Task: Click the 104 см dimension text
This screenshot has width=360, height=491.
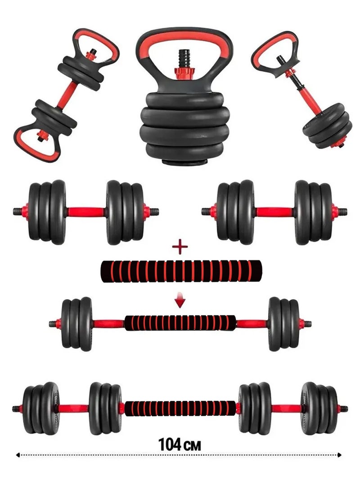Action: click(x=180, y=444)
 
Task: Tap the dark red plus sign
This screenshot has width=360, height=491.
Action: click(x=180, y=247)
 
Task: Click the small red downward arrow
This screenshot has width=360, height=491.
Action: click(x=180, y=302)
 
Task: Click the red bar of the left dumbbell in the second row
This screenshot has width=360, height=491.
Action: click(x=85, y=211)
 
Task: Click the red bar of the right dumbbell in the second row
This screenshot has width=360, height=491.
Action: click(x=274, y=211)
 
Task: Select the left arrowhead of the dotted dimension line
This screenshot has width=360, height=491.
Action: click(x=18, y=455)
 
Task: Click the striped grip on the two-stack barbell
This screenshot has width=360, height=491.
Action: click(x=180, y=323)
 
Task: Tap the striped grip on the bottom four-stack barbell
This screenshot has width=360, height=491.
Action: click(x=180, y=408)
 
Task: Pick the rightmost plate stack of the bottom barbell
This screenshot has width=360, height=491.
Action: click(x=320, y=408)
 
